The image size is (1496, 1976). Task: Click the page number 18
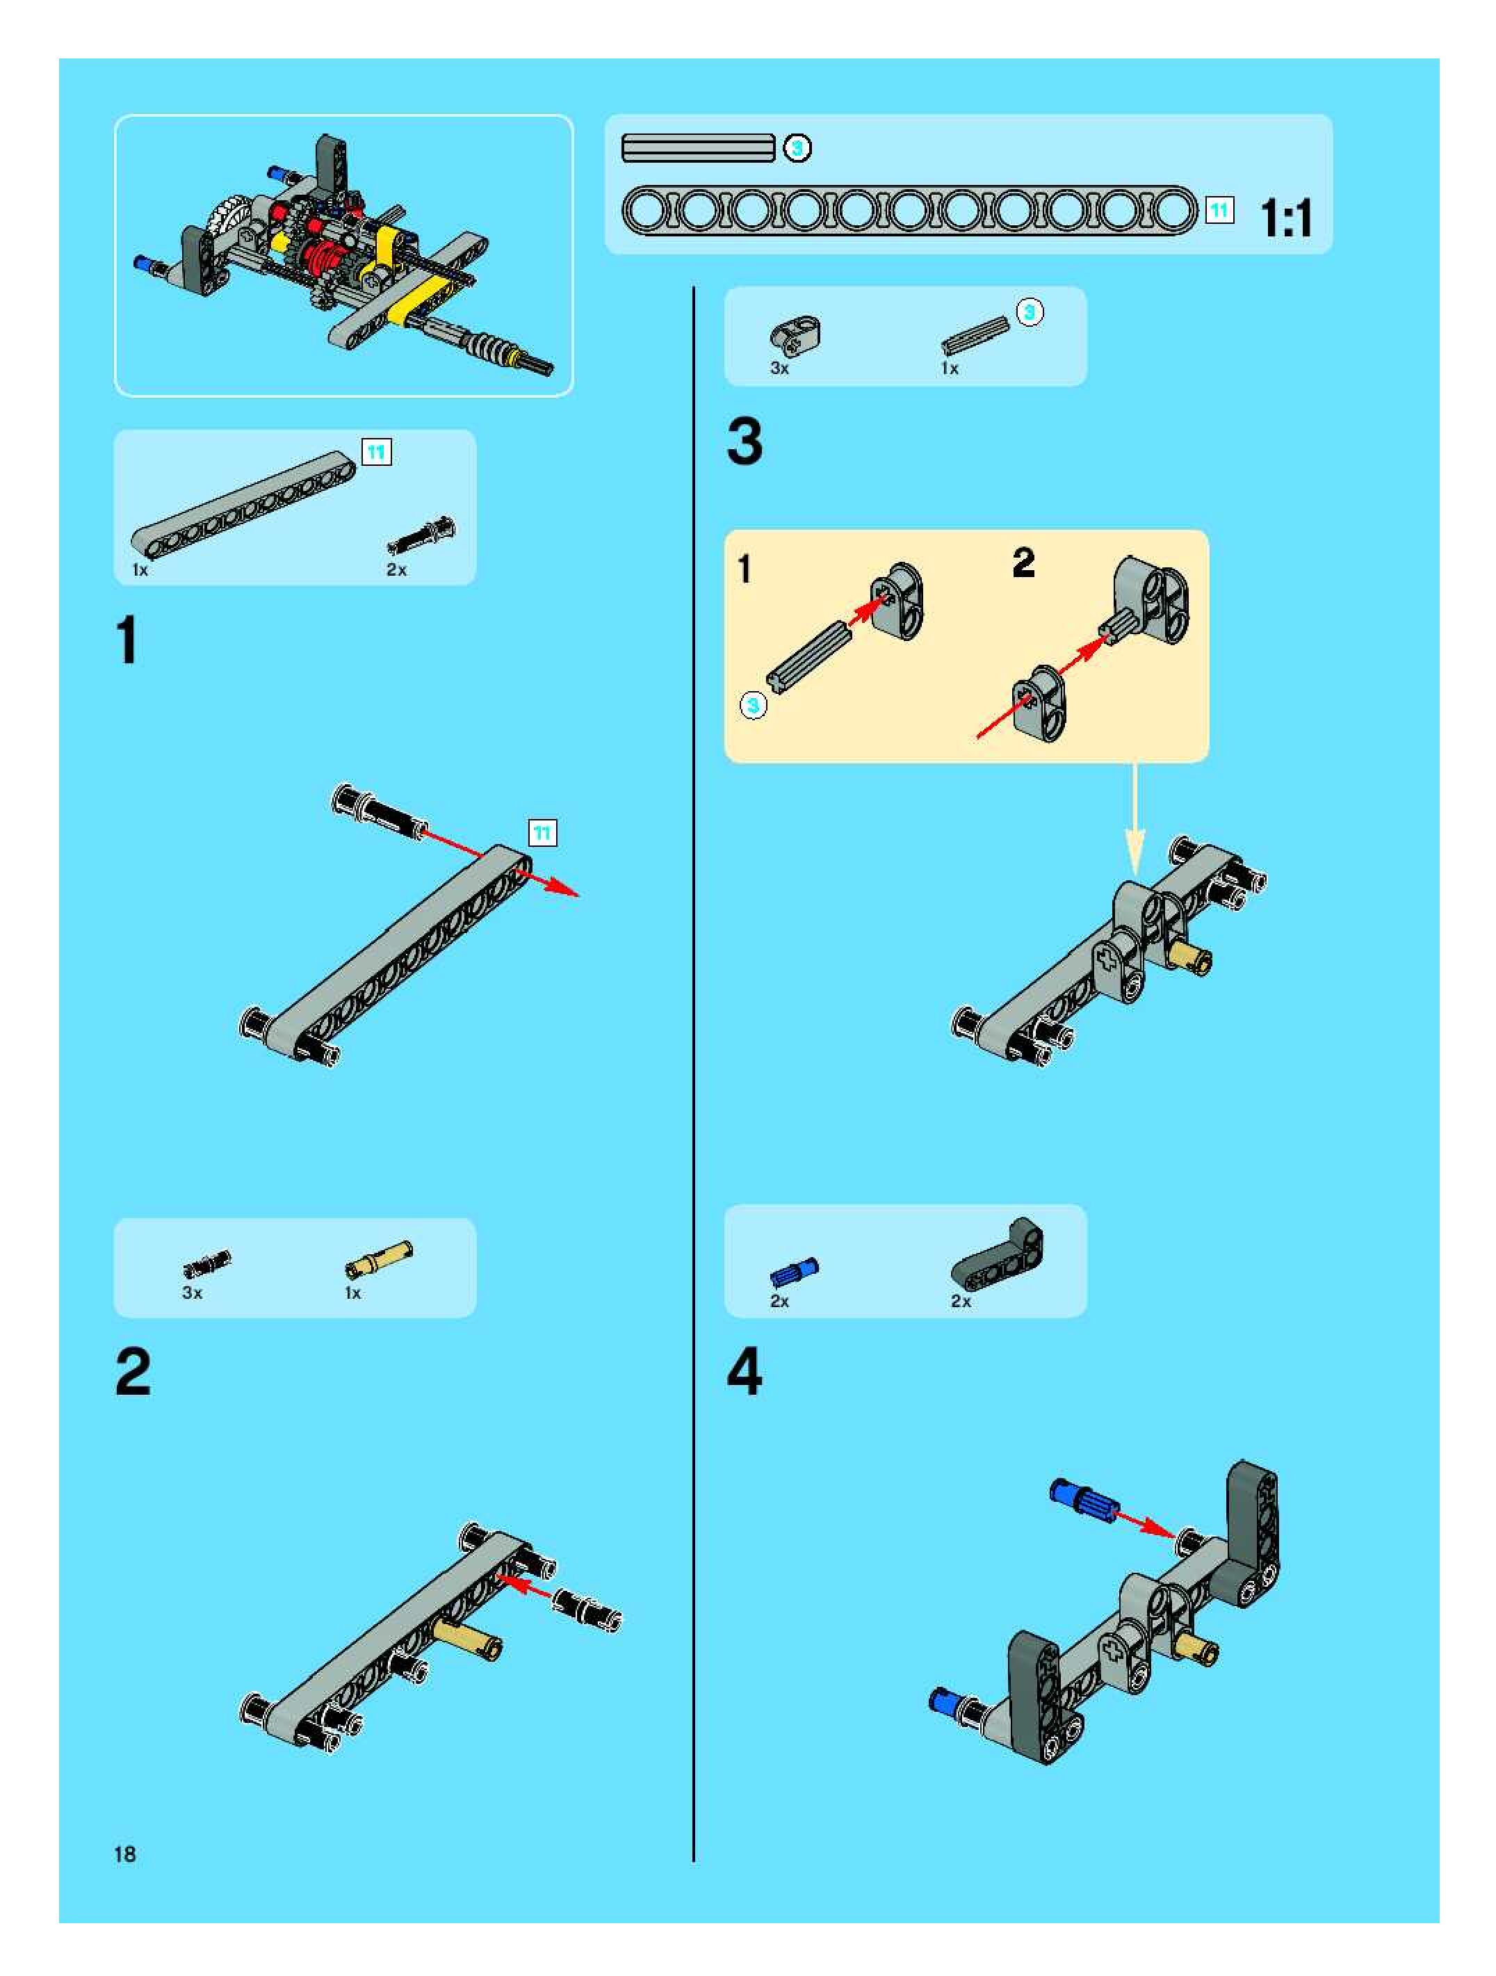[125, 1854]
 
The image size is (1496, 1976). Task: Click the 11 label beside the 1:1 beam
[1219, 211]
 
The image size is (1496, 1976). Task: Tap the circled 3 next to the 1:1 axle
[797, 148]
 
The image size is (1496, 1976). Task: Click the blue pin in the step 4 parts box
[794, 1272]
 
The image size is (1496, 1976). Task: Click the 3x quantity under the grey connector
[780, 368]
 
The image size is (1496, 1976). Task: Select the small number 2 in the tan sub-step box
[1023, 562]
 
